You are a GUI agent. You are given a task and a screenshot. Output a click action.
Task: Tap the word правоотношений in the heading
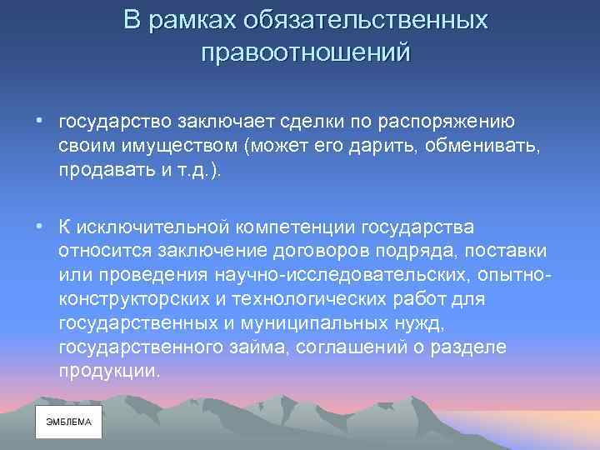tap(306, 52)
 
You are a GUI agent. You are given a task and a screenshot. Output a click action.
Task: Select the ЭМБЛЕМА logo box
tap(68, 422)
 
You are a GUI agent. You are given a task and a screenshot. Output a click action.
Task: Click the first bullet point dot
tap(39, 122)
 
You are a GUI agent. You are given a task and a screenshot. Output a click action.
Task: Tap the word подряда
tap(422, 252)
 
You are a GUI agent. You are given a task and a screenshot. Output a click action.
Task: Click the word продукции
tap(108, 369)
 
